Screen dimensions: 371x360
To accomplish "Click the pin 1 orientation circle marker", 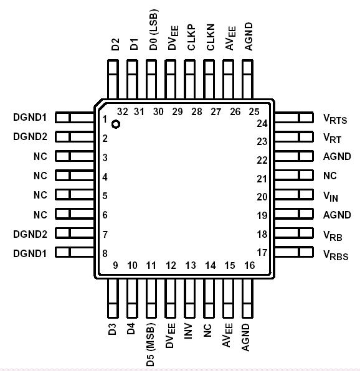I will (115, 124).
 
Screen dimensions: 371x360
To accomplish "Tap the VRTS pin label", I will (335, 119).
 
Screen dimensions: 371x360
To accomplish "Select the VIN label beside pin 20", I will (331, 197).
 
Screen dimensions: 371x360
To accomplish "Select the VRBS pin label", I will (335, 255).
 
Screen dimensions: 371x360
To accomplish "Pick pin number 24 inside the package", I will (262, 123).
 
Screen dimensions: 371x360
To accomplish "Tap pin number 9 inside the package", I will (115, 266).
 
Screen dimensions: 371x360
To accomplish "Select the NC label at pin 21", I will (329, 177).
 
